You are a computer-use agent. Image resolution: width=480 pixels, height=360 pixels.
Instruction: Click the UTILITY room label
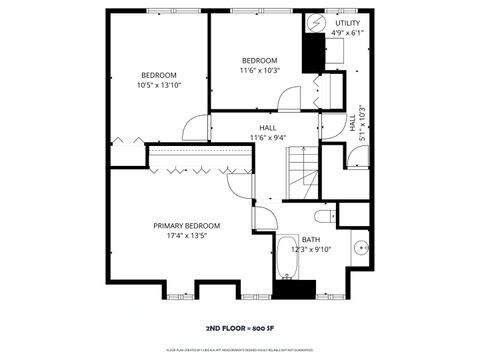348,22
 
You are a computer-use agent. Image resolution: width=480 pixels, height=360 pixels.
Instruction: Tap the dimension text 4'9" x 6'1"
348,33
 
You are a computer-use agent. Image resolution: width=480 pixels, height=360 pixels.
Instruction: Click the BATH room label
311,240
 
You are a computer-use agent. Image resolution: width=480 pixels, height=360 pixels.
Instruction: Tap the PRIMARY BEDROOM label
186,226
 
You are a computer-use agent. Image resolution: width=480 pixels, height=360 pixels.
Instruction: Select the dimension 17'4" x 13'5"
186,237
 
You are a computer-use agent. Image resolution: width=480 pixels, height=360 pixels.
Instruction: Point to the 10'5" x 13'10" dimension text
158,87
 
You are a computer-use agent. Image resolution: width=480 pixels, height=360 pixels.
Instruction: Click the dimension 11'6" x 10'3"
259,71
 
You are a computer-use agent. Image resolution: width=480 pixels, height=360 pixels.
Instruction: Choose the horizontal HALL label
268,128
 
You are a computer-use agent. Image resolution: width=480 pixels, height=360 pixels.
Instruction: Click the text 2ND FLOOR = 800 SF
240,327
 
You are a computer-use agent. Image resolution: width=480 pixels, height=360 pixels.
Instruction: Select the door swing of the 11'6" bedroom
288,99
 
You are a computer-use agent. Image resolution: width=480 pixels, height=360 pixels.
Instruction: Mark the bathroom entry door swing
264,218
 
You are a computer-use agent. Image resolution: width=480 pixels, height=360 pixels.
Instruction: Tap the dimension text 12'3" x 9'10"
311,250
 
